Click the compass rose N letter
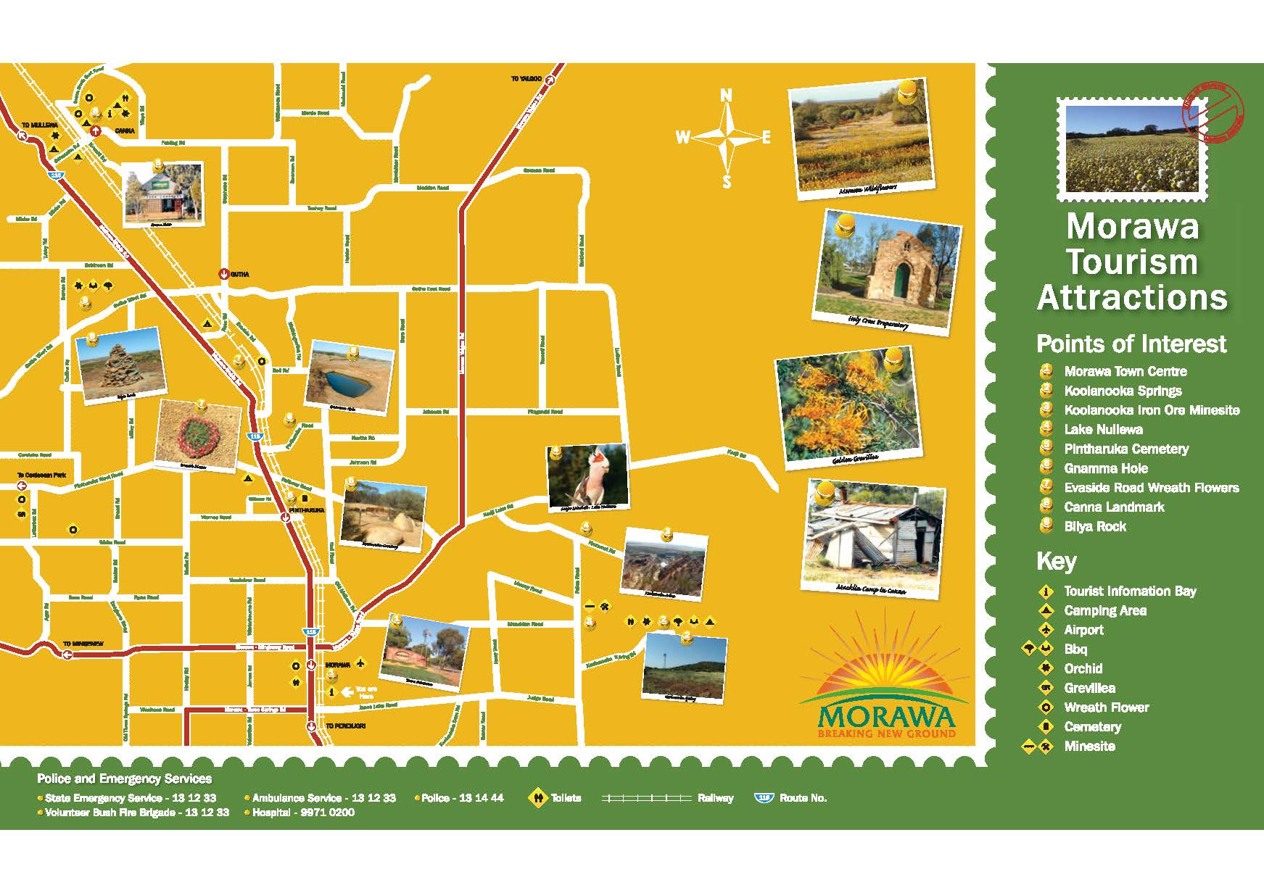point(726,95)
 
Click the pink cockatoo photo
point(587,475)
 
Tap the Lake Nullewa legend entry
point(1103,429)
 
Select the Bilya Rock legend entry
point(1094,526)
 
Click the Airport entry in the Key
point(1083,630)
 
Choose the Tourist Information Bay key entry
point(1129,591)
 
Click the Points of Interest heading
point(1131,344)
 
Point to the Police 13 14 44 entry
point(462,798)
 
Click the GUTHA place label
point(239,275)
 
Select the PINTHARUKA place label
point(307,510)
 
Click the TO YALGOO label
point(526,78)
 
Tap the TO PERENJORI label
point(345,726)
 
